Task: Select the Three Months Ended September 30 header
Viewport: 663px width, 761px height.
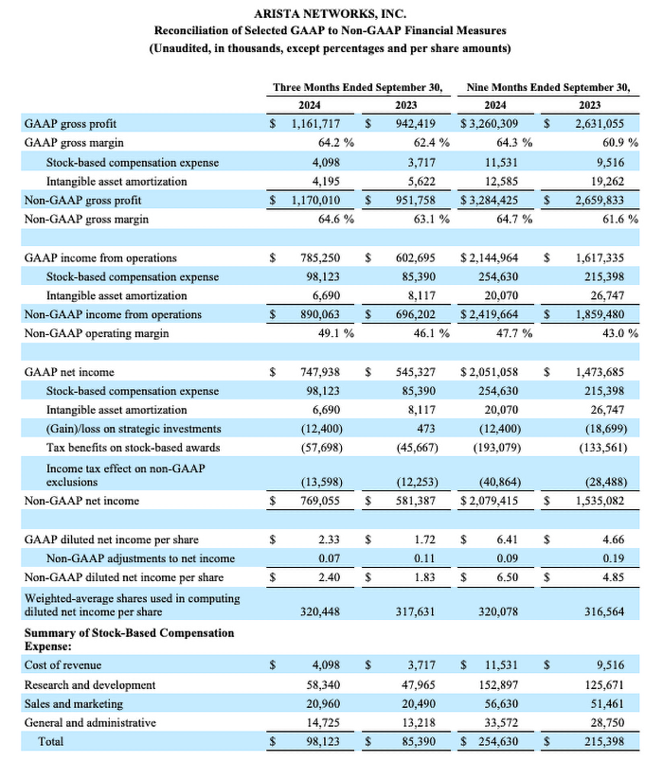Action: click(357, 87)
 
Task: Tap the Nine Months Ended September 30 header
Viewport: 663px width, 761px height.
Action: click(548, 87)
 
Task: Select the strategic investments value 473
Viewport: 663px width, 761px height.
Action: click(434, 429)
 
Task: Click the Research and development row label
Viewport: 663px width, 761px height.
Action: click(90, 684)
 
